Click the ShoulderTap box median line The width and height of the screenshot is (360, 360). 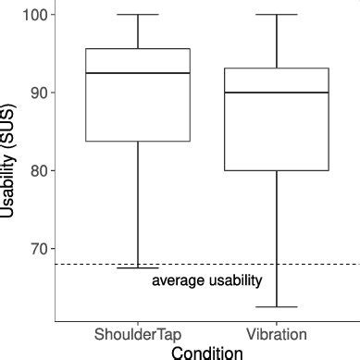click(138, 73)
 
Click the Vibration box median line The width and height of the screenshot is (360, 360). click(277, 93)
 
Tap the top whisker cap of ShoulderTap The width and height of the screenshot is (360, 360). click(138, 15)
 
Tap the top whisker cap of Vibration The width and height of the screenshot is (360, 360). click(277, 15)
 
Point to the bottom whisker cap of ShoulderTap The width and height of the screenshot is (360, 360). click(138, 267)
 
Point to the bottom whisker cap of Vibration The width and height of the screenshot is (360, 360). click(277, 306)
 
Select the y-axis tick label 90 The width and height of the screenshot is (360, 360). click(39, 93)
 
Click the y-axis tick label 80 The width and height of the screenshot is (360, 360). click(39, 170)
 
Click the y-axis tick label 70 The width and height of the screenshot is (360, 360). click(39, 249)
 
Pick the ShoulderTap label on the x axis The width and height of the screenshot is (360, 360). click(138, 333)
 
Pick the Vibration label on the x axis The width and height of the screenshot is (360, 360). click(277, 333)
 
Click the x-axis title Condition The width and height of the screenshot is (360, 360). click(207, 352)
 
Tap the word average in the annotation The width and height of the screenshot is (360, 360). click(179, 280)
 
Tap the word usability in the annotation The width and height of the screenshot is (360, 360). click(235, 280)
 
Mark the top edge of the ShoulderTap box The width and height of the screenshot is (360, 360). click(138, 49)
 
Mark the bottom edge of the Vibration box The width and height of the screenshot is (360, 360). click(277, 170)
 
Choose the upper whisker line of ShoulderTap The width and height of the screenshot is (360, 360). click(138, 31)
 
